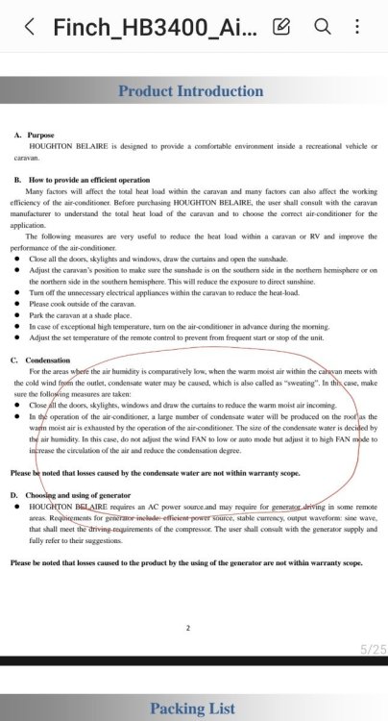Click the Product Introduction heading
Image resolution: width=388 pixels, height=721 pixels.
190,91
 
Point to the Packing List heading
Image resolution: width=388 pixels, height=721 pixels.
191,709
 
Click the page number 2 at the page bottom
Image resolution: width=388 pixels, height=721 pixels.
189,627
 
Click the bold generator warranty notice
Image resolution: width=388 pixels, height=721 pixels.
186,562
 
